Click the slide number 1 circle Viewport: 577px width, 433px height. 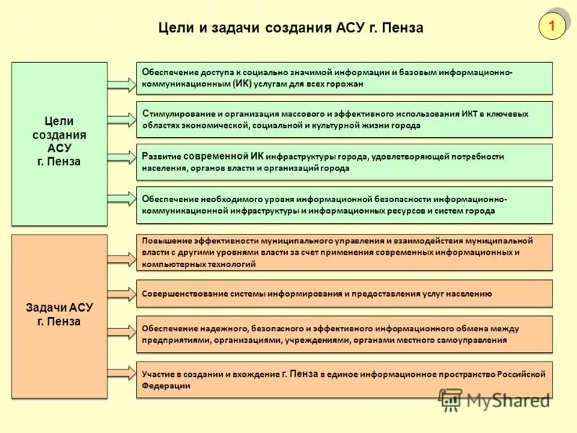point(552,27)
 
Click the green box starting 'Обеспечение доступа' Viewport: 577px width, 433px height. point(345,78)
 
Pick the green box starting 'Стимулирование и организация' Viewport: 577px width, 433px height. point(345,119)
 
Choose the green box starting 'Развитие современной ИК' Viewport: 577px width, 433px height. point(345,162)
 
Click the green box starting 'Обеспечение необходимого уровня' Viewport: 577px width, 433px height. point(345,204)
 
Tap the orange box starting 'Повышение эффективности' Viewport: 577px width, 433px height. point(345,252)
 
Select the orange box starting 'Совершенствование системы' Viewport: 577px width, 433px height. point(345,294)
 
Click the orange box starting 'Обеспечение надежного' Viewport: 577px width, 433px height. point(345,333)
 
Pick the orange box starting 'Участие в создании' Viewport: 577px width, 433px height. point(345,380)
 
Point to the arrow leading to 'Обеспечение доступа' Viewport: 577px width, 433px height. point(121,85)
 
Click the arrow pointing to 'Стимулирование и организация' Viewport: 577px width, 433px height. point(121,119)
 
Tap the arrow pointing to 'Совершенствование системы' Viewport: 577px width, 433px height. point(121,294)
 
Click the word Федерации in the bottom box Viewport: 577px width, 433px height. point(167,386)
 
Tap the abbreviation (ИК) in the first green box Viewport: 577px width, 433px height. point(242,84)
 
